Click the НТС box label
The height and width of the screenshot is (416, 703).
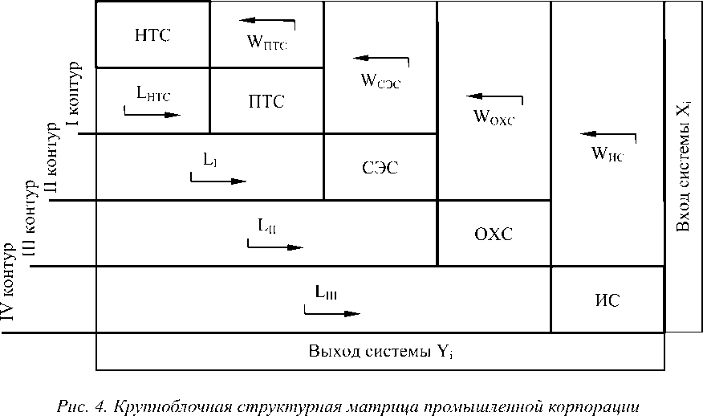point(152,35)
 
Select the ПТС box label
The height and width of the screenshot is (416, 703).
point(266,101)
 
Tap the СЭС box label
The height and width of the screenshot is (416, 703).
point(380,168)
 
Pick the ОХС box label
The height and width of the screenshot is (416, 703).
point(494,234)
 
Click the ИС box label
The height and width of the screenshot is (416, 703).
point(608,300)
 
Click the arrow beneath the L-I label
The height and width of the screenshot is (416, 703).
point(218,180)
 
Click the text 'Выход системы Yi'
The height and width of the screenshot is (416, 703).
point(380,352)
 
